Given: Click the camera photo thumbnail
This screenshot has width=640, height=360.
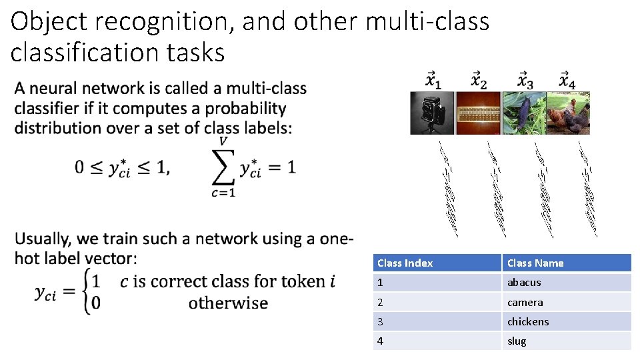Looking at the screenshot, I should coord(432,113).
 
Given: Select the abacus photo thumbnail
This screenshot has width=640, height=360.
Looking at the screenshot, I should coord(478,113).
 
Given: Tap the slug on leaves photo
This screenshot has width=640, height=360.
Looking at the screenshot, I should coord(523,113).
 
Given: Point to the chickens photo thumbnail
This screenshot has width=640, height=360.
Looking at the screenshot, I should coord(568,113).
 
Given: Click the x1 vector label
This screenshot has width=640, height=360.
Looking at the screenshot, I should coord(433,81).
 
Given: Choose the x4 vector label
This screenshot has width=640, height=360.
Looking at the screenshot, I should coord(567,81).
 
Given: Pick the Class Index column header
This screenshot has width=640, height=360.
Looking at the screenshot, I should coord(405,263).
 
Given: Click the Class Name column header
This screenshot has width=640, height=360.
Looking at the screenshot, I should coord(535,263).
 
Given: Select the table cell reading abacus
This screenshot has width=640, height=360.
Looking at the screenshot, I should coord(524,282).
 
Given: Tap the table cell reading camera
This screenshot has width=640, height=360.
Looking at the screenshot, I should coord(525,302).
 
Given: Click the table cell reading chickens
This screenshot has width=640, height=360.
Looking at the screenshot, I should coord(528,321).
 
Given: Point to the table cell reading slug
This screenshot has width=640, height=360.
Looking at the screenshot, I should coord(517,341).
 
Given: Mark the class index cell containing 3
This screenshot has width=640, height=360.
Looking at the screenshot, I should coord(380,321).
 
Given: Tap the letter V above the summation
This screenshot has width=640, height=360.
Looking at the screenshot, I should coord(225,141).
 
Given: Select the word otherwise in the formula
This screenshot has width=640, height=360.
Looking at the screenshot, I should coord(228,303).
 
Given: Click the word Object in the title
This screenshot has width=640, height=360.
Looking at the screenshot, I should coord(49,22).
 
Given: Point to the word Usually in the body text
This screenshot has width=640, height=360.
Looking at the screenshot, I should coord(43,239).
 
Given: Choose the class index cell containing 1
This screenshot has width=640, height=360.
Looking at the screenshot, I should coord(380,282).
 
